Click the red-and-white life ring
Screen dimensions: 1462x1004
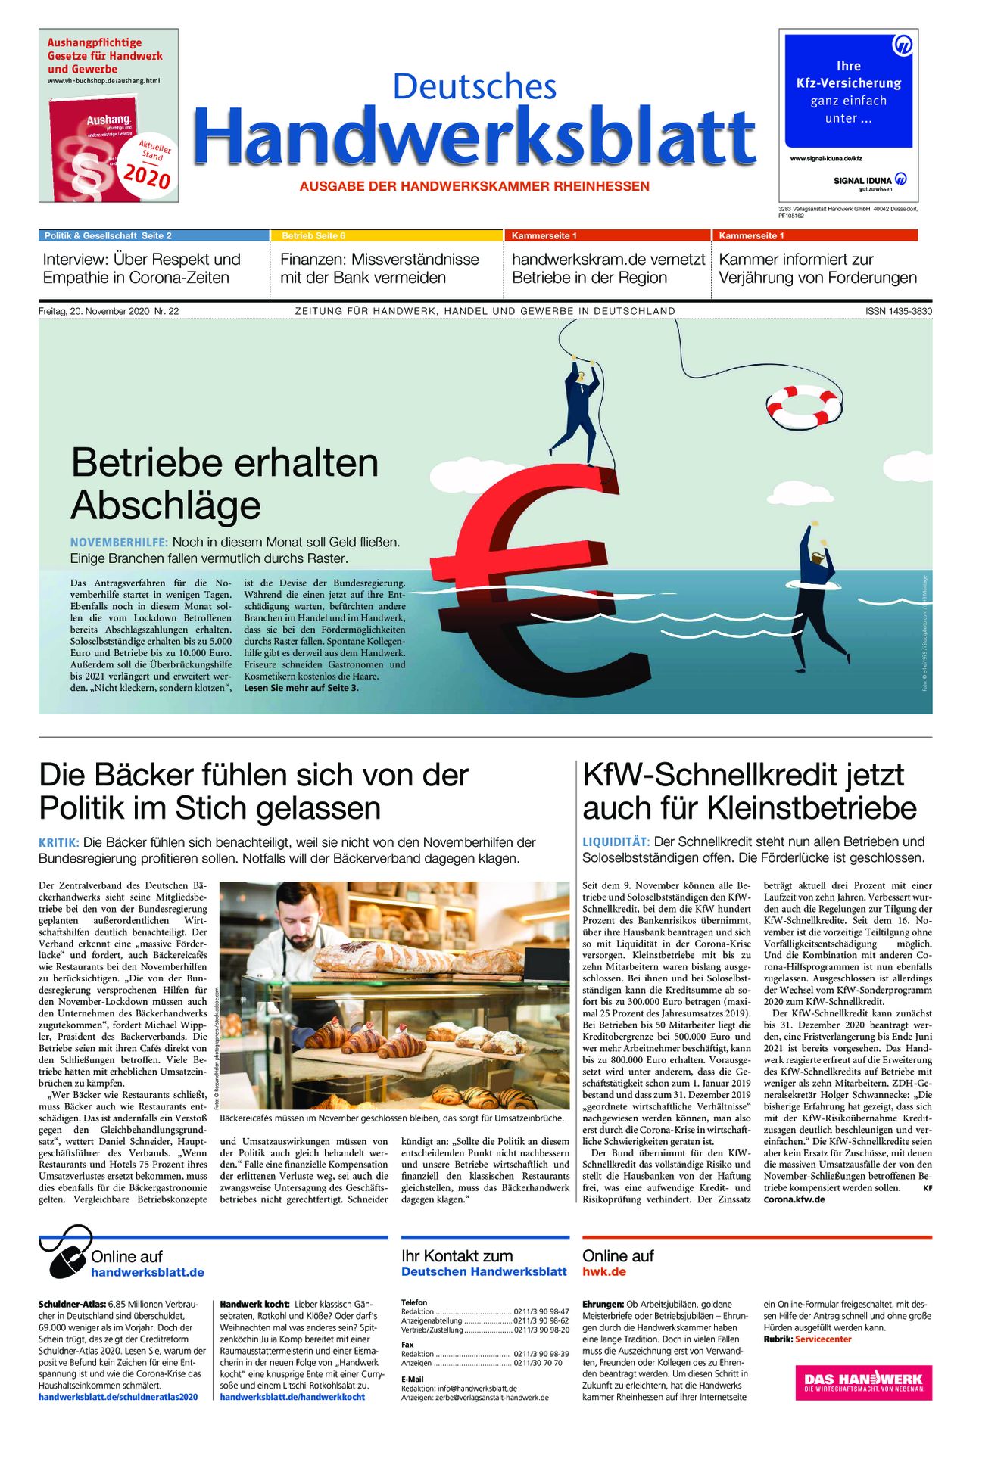point(803,406)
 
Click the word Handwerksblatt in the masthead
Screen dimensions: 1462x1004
point(475,137)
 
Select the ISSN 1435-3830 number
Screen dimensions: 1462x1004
point(898,311)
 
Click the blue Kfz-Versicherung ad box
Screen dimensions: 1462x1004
point(848,91)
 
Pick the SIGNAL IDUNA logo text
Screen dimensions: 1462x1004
point(862,181)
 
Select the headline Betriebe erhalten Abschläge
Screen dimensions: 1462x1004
point(224,484)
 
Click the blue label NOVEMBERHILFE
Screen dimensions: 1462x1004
point(119,542)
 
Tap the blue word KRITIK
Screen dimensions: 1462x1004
point(58,842)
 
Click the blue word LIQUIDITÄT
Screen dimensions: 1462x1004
point(616,841)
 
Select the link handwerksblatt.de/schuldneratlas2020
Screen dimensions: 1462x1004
point(118,1397)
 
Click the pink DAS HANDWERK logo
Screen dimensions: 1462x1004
point(863,1383)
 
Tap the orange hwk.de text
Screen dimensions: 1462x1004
point(603,1272)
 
